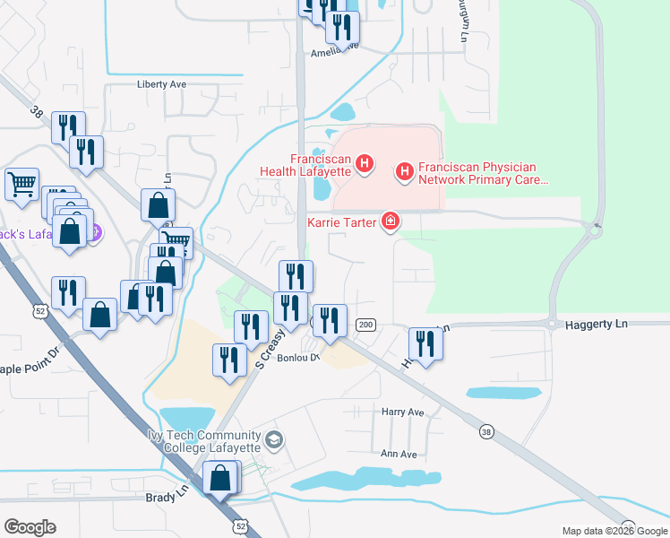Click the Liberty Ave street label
pos(161,83)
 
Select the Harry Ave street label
pos(402,412)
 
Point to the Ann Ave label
pos(399,454)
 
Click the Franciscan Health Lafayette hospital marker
pos(365,163)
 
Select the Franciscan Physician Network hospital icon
pos(405,169)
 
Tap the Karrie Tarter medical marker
pos(390,221)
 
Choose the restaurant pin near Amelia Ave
pos(341,29)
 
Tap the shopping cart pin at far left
pos(21,185)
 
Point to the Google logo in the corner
pos(30,527)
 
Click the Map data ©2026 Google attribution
pos(614,531)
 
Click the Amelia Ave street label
pos(334,52)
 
